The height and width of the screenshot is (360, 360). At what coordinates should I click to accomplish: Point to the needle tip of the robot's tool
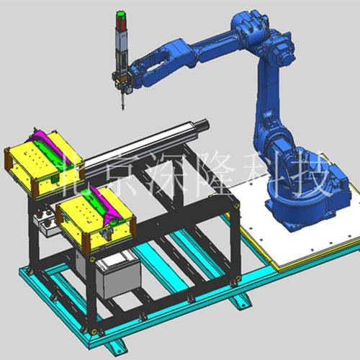(x=123, y=109)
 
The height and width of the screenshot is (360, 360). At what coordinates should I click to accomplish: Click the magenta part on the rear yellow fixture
(x=51, y=146)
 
